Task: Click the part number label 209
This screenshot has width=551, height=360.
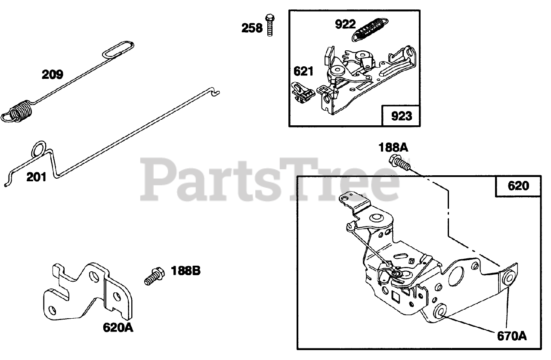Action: [x=53, y=74]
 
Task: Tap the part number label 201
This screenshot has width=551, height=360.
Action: [x=36, y=177]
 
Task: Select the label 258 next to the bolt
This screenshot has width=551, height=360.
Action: [x=252, y=28]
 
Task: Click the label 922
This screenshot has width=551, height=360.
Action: [x=346, y=24]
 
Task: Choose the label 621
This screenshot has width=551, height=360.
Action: [x=303, y=71]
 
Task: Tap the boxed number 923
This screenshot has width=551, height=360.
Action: [x=401, y=116]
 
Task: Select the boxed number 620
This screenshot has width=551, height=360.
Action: [x=518, y=186]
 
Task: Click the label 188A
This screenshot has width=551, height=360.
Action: [x=393, y=148]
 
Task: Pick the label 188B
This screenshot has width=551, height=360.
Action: [x=186, y=271]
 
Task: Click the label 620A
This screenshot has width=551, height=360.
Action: [x=118, y=328]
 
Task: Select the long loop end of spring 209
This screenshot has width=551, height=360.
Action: [x=119, y=48]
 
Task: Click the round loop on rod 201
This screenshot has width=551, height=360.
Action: [x=39, y=149]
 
